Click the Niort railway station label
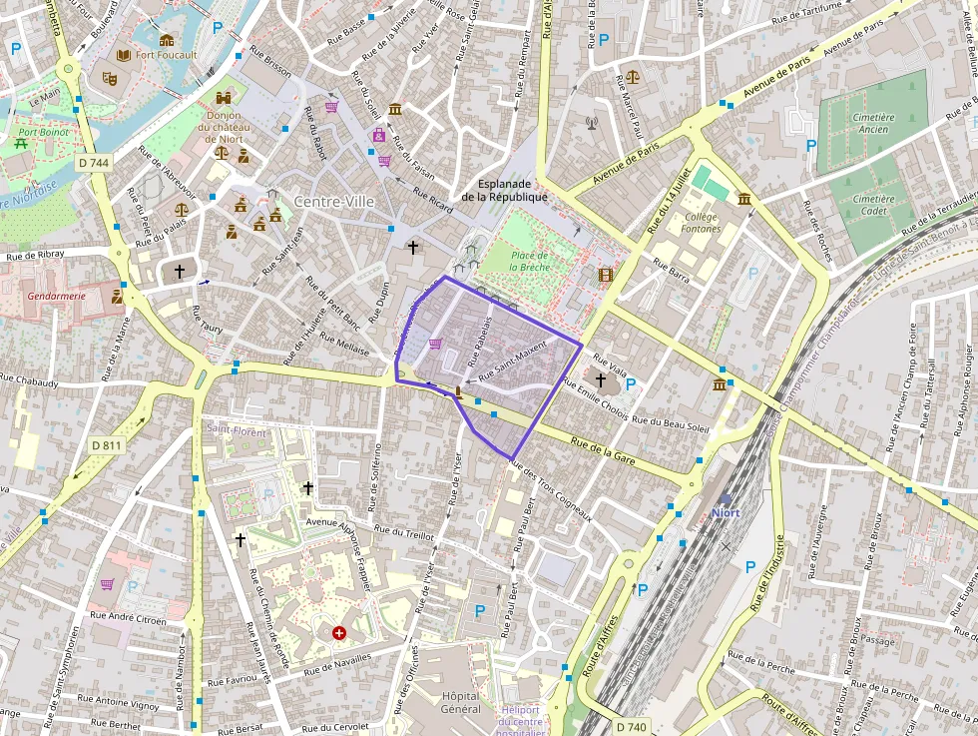coord(726,513)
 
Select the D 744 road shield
coord(99,162)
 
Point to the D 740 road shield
coord(631,727)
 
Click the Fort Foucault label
coord(167,55)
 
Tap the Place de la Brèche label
coord(529,261)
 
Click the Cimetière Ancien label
coord(874,124)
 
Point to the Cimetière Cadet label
coord(874,205)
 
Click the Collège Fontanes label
coord(702,223)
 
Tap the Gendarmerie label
coord(57,296)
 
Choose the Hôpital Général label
coord(460,702)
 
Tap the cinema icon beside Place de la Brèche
coord(605,274)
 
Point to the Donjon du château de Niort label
coord(225,126)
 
